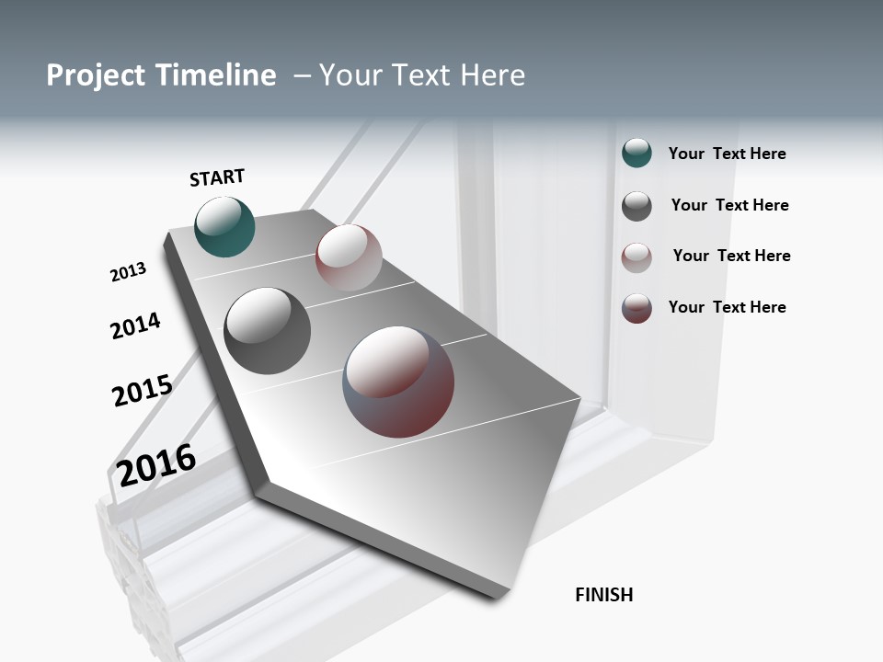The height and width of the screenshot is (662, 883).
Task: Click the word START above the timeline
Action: tap(217, 177)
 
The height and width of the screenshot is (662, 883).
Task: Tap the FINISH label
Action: tap(603, 595)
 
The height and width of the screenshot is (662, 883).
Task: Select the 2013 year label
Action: tap(128, 272)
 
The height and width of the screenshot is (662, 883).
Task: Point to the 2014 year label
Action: tap(135, 325)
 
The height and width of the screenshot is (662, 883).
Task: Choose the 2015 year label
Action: tap(142, 391)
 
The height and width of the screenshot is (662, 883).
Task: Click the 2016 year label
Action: tap(156, 464)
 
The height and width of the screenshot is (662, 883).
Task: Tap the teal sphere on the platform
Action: tap(224, 227)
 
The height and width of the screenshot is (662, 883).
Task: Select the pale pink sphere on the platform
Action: tap(349, 257)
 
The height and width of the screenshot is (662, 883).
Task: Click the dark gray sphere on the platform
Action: tap(267, 331)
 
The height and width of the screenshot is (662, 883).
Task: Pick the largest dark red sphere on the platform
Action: tap(398, 382)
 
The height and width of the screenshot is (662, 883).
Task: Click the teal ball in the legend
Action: tap(636, 154)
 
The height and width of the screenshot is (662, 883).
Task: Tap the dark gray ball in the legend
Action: tap(636, 206)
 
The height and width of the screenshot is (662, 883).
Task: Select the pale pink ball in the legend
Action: tap(636, 257)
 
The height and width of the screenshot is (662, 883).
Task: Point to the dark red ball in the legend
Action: tap(636, 308)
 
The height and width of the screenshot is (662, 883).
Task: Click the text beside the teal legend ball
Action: tap(727, 154)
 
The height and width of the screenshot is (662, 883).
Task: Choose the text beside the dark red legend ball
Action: tap(727, 307)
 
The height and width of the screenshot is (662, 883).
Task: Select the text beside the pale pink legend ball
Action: tap(731, 256)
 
